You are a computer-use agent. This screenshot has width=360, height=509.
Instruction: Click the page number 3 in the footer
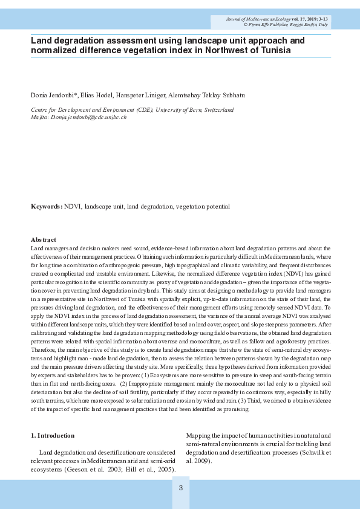coord(180,487)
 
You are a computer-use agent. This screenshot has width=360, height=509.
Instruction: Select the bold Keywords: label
coord(47,207)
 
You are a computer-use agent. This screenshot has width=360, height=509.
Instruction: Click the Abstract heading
coord(44,240)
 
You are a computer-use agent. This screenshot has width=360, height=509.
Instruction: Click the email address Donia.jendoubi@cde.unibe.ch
coord(88,117)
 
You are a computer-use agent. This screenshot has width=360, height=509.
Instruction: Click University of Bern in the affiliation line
coord(178,110)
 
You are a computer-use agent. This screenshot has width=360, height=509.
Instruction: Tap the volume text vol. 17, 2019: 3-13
coord(309,19)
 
